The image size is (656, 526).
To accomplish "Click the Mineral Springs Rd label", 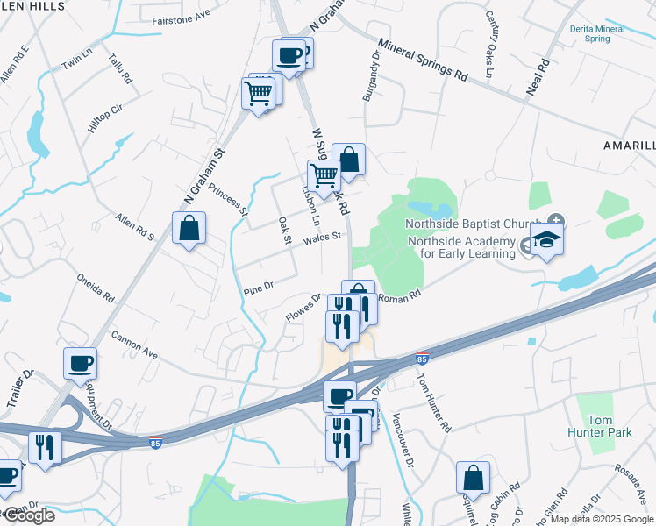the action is click(423, 58).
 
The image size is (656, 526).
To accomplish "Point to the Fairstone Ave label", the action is click(182, 18).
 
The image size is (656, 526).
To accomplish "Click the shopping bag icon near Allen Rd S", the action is click(189, 229).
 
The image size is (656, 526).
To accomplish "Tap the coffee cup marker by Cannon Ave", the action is click(80, 364).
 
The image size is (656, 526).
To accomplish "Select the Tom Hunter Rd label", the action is click(433, 404).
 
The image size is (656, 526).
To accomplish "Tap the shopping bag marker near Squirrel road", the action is click(473, 479).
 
